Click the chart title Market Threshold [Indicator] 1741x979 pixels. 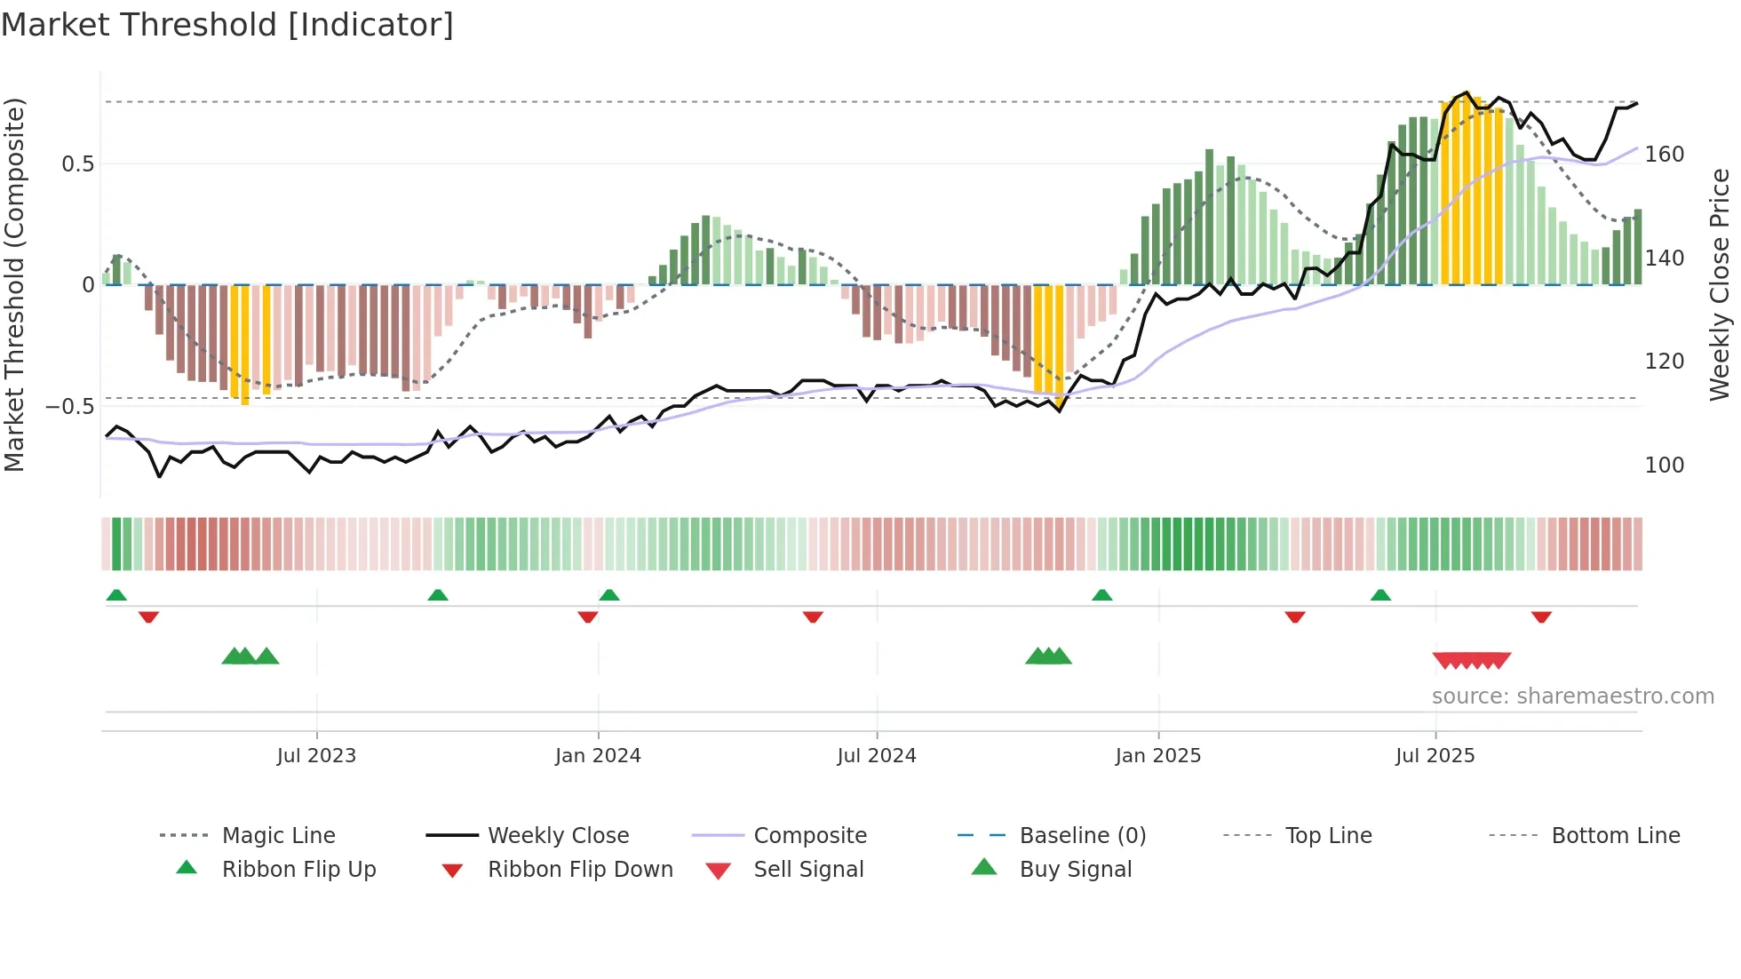tap(227, 25)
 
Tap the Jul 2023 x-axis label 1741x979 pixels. tap(316, 756)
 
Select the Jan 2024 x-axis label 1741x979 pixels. tap(598, 756)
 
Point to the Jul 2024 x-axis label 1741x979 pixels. tap(877, 756)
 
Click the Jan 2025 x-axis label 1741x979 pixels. tap(1158, 756)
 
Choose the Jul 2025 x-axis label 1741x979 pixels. tap(1435, 756)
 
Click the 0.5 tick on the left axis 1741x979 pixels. tap(78, 164)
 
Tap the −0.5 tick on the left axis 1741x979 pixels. tap(70, 407)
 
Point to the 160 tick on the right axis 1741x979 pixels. tap(1665, 155)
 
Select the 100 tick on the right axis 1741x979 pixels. tap(1665, 466)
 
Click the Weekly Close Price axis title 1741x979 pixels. tap(1720, 284)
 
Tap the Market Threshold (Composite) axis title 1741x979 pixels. tap(15, 284)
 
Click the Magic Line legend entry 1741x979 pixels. tap(278, 836)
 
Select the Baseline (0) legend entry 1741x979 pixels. tap(1082, 836)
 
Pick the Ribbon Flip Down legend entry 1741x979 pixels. tap(579, 870)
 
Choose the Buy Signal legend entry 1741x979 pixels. tap(1075, 870)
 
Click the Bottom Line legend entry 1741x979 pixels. tap(1615, 836)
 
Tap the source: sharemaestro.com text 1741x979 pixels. tap(1572, 696)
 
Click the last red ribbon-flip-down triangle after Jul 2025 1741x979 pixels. tap(1541, 617)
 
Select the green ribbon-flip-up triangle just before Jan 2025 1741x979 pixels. tap(1101, 595)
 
